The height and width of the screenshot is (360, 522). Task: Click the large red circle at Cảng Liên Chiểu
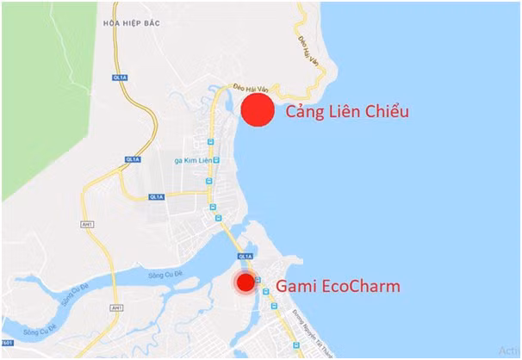click(x=257, y=110)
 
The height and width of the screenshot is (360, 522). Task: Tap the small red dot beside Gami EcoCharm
click(x=245, y=282)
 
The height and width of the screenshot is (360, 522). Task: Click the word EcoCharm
click(x=360, y=286)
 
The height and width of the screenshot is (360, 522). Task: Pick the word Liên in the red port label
click(x=346, y=112)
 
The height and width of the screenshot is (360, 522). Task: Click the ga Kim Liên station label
click(x=192, y=160)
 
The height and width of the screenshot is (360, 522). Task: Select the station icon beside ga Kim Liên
click(x=217, y=160)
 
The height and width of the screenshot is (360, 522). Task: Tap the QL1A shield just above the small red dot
click(x=245, y=256)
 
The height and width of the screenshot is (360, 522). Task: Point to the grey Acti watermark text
click(x=507, y=350)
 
